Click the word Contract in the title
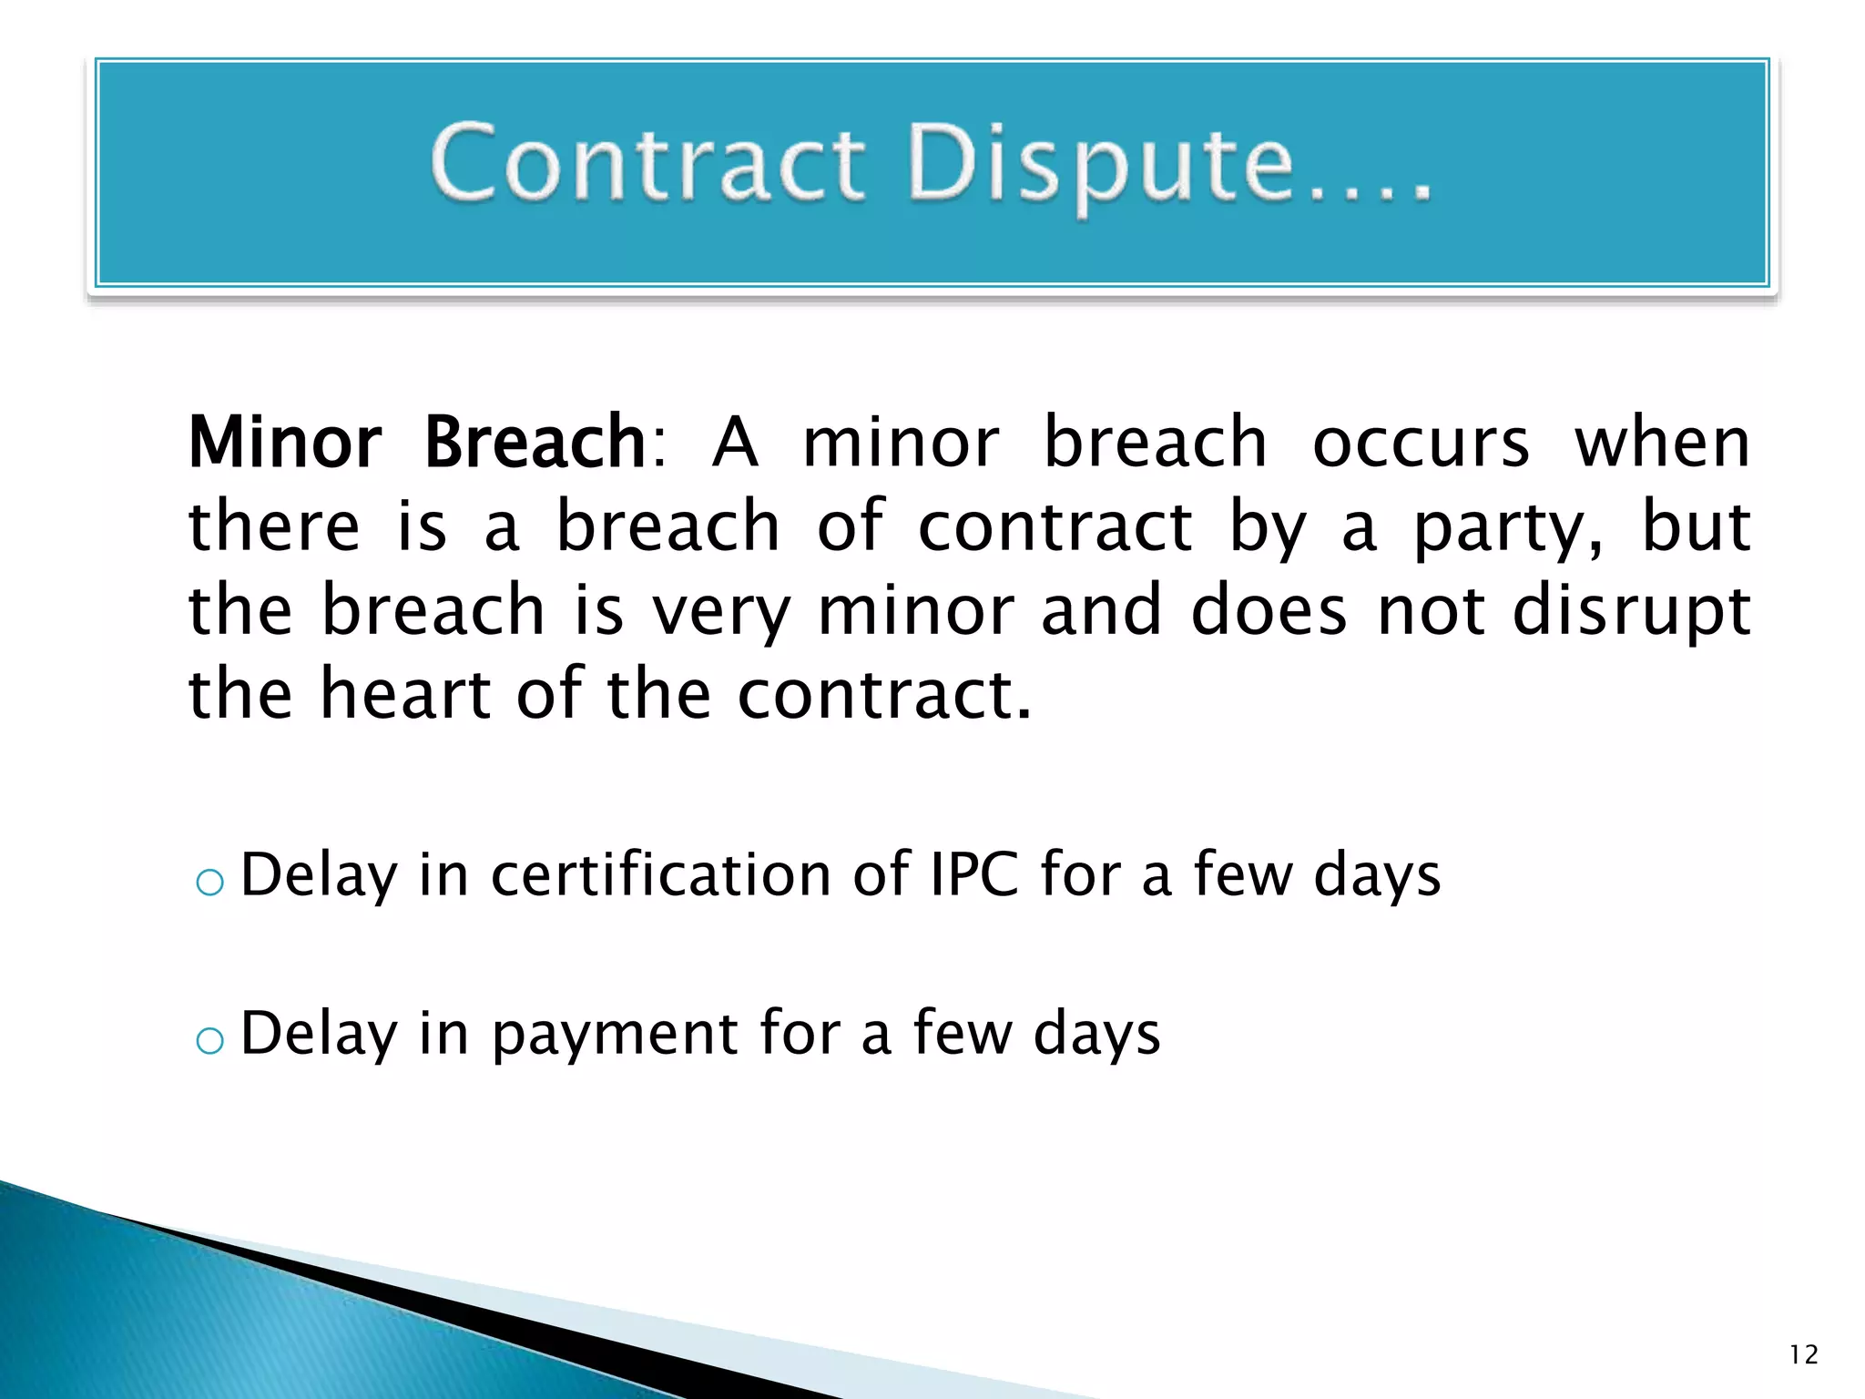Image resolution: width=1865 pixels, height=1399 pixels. pyautogui.click(x=647, y=164)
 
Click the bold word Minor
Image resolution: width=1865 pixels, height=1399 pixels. pyautogui.click(x=285, y=443)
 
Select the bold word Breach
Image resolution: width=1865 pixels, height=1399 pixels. pyautogui.click(x=535, y=443)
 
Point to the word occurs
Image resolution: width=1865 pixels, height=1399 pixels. pyautogui.click(x=1421, y=444)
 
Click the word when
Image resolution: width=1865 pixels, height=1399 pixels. pyautogui.click(x=1662, y=444)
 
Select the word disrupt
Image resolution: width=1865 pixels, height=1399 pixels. pyautogui.click(x=1631, y=612)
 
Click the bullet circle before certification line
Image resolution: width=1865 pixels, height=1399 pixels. pyautogui.click(x=210, y=882)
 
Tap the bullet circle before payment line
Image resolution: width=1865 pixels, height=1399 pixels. pyautogui.click(x=210, y=1040)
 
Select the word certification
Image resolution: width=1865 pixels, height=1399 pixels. pyautogui.click(x=661, y=874)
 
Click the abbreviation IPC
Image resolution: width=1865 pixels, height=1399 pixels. pyautogui.click(x=974, y=874)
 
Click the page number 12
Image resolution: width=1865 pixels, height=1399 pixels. pyautogui.click(x=1803, y=1355)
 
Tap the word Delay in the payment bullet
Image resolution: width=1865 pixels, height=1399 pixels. pyautogui.click(x=319, y=1034)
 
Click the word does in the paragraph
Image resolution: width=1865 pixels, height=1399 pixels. pyautogui.click(x=1269, y=612)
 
